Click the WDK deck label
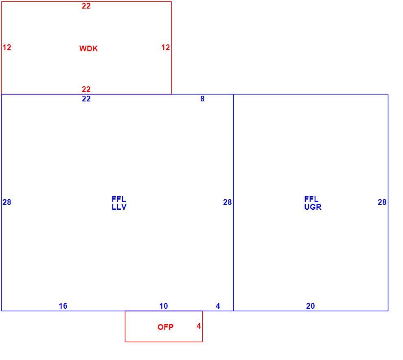click(x=88, y=48)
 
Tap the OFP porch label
click(x=166, y=327)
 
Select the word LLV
click(x=119, y=207)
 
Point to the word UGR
click(x=313, y=207)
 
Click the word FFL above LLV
click(x=119, y=199)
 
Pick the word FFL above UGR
click(x=311, y=199)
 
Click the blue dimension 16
click(x=63, y=306)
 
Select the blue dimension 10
click(x=164, y=306)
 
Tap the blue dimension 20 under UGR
click(x=311, y=306)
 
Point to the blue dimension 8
click(x=203, y=99)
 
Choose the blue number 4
click(x=218, y=306)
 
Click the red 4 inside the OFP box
click(x=199, y=326)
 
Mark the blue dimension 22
click(x=86, y=99)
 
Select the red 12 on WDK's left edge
click(x=7, y=47)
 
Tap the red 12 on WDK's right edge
click(x=166, y=47)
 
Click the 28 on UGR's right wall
click(x=382, y=202)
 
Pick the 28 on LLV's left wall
click(x=7, y=202)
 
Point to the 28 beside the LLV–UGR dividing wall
click(x=228, y=202)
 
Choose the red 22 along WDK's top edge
click(x=86, y=6)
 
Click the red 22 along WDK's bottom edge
click(x=86, y=89)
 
